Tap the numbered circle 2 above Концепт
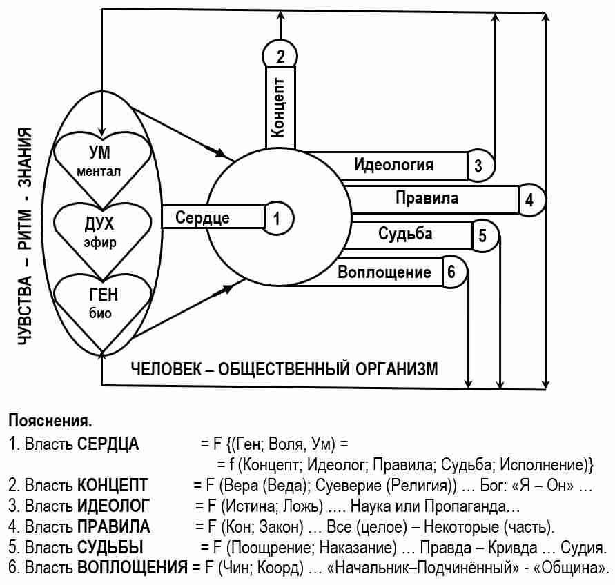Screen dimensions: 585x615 click(x=280, y=55)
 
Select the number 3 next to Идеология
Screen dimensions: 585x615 click(x=480, y=166)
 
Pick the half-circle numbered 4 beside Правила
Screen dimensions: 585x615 click(x=530, y=200)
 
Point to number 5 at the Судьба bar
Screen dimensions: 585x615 click(x=483, y=236)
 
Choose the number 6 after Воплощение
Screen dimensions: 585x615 click(x=451, y=272)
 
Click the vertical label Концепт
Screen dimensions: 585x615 click(x=280, y=108)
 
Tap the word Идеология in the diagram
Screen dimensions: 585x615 click(x=393, y=165)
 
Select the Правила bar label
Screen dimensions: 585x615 click(x=427, y=199)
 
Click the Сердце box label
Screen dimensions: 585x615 click(x=202, y=218)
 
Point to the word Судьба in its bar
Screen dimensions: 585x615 click(x=405, y=233)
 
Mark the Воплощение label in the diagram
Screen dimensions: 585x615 click(x=384, y=272)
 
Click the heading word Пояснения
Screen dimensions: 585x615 click(x=50, y=420)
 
